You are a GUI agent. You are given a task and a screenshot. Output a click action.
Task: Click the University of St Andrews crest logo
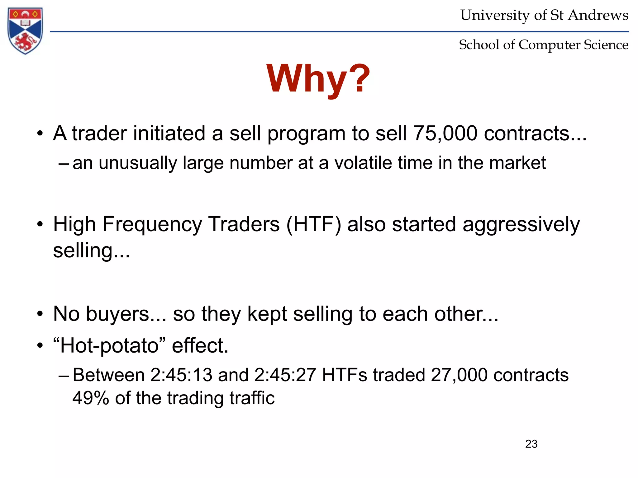(25, 30)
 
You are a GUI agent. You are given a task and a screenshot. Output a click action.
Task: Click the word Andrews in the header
(598, 15)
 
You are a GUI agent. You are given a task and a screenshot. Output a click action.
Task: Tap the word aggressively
(521, 225)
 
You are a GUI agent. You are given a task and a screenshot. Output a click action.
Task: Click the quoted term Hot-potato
(109, 345)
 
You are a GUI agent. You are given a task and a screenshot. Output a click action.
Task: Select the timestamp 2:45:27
(285, 375)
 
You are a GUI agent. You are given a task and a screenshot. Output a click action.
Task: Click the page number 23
(531, 444)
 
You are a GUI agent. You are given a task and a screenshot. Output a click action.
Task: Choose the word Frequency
(152, 224)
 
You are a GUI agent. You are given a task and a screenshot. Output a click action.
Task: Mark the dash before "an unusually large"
(63, 163)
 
